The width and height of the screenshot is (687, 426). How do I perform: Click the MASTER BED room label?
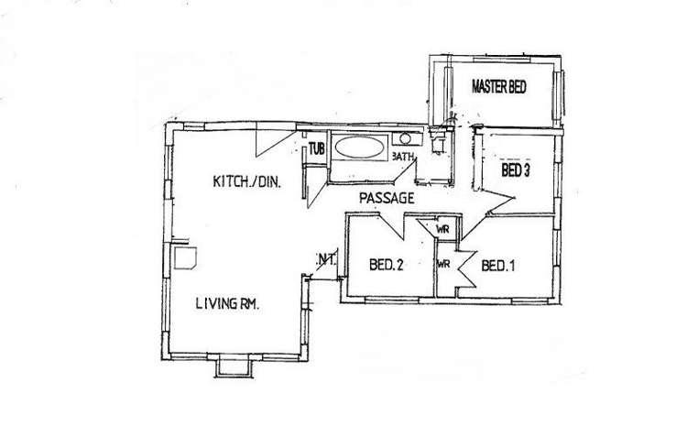498,87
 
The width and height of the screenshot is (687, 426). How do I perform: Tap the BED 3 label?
515,170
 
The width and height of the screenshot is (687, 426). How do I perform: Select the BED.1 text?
498,266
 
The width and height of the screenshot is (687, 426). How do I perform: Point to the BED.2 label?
386,265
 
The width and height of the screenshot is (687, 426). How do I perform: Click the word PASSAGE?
387,198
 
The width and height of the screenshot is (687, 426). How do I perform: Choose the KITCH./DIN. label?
246,181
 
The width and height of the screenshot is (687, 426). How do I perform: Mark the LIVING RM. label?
227,303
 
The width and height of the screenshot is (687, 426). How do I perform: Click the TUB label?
316,149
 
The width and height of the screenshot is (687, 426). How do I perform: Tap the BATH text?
403,156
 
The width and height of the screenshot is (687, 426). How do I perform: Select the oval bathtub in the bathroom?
359,147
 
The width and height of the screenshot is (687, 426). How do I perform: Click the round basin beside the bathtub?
405,139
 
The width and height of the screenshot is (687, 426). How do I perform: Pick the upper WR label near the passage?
442,229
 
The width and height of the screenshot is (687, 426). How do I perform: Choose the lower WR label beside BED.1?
443,264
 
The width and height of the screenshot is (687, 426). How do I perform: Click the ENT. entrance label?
326,258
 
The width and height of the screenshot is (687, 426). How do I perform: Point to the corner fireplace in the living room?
185,257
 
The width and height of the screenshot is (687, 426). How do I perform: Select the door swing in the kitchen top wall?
275,141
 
